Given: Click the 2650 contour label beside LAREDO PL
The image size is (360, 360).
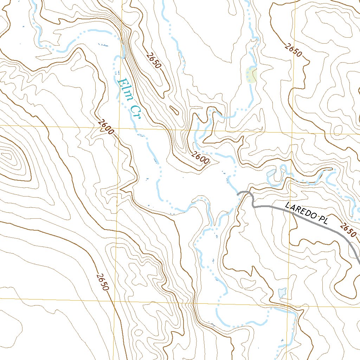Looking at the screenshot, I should pos(348,229).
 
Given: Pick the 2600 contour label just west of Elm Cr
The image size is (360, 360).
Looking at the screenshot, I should pos(106,127).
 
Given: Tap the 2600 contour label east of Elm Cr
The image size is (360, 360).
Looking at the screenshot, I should pos(201,158).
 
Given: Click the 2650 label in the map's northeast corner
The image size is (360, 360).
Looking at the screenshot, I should pos(294,50).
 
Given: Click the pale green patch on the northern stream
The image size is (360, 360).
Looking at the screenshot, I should pos(251,75).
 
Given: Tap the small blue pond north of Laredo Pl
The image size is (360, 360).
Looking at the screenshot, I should pos(271,173).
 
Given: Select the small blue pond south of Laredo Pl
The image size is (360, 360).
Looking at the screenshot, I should pos(282,292).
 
